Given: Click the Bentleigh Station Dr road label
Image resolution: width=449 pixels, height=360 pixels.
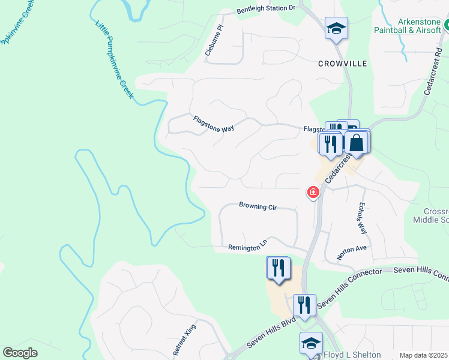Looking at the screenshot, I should click(x=267, y=8).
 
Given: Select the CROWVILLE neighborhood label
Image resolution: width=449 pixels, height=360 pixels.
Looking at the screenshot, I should click(x=342, y=63).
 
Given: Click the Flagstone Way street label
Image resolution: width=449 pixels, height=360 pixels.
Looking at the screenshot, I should click(x=213, y=124).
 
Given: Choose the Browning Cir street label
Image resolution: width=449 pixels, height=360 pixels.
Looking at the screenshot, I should click(x=258, y=206).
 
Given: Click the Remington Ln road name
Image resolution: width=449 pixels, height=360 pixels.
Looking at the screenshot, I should click(x=247, y=247).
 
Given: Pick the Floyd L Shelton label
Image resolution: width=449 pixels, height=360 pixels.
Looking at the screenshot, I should click(x=352, y=355).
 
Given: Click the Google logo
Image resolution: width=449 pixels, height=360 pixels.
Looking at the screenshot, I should click(x=20, y=353).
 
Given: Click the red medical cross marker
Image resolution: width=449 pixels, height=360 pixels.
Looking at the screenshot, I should click(x=313, y=193).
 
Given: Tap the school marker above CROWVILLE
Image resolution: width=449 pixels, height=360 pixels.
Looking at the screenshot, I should click(x=336, y=28).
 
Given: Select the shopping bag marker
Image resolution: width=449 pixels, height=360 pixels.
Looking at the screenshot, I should click(x=356, y=143).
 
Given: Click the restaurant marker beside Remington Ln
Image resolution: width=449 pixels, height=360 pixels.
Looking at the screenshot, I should click(x=278, y=267).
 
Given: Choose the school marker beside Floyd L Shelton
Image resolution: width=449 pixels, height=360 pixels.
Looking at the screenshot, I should click(x=311, y=344).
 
